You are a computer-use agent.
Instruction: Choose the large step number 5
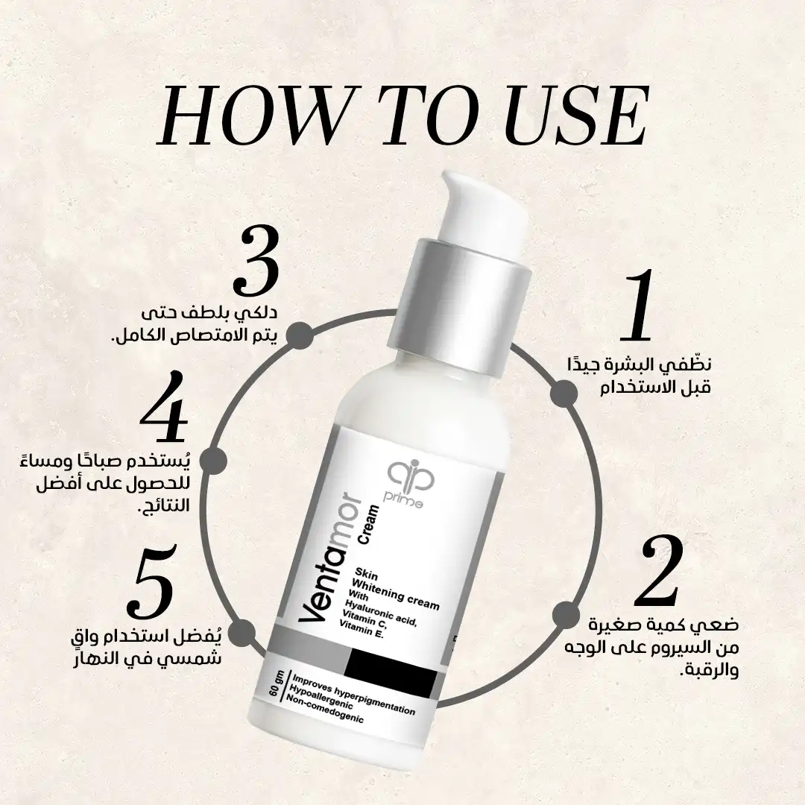[x=153, y=581]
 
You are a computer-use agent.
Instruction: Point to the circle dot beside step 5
[x=241, y=634]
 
